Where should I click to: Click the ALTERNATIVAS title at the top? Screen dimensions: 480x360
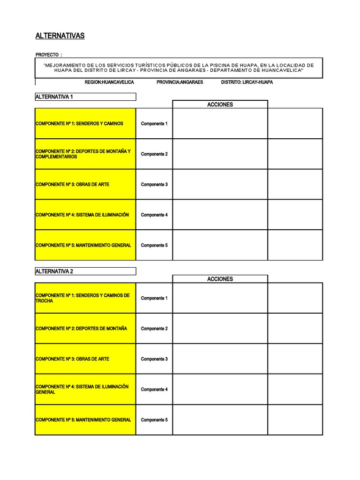tap(60, 36)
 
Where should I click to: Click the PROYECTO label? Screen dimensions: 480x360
tap(49, 55)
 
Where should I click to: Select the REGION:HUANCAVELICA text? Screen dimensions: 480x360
tap(109, 82)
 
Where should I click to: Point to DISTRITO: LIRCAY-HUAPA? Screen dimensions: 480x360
tap(247, 82)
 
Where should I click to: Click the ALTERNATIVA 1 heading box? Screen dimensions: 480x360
tap(85, 97)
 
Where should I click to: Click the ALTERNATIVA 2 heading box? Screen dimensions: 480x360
tap(85, 271)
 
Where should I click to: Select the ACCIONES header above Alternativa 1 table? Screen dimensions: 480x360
tap(220, 105)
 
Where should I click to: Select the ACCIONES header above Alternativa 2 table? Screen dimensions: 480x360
tap(220, 279)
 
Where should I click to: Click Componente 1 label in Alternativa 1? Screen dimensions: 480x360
tap(154, 124)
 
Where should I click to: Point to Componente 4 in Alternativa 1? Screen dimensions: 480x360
tap(154, 215)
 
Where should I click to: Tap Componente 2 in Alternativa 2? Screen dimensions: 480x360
tap(154, 329)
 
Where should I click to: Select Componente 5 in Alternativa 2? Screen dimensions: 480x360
tap(154, 420)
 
